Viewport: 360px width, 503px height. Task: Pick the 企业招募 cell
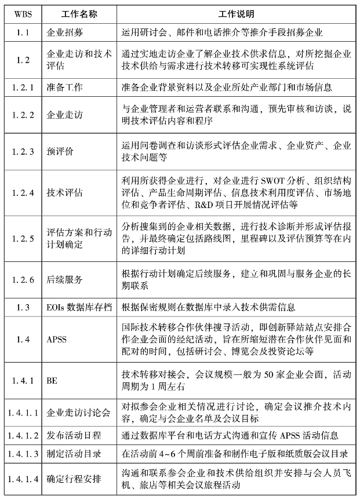tap(64, 33)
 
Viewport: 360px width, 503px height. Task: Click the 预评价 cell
tap(60, 152)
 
